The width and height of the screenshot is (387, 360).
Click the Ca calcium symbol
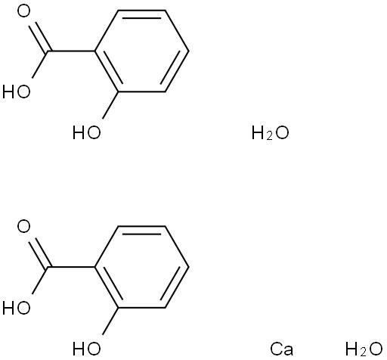281,349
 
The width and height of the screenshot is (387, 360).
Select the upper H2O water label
270,133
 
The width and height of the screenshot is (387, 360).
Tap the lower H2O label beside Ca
364,349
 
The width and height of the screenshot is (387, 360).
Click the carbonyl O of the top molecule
24,11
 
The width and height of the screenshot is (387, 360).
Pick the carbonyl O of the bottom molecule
24,226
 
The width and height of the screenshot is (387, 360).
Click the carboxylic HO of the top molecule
17,92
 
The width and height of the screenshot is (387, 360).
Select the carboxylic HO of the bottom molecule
17,308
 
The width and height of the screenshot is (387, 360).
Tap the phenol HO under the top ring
87,133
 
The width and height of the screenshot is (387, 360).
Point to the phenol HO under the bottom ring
87,349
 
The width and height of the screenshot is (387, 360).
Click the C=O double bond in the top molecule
39,38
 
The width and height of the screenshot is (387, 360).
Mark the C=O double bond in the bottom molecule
39,253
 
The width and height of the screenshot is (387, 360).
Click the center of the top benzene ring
141,51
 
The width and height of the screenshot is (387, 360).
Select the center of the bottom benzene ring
141,267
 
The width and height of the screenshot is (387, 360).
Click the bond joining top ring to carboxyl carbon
71,51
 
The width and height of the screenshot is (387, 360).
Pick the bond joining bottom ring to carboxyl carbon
71,267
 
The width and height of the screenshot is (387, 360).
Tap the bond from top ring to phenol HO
110,105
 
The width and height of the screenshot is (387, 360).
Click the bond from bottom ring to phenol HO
110,321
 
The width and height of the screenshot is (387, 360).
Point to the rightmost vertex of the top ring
188,51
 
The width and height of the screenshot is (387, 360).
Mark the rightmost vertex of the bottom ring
188,267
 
